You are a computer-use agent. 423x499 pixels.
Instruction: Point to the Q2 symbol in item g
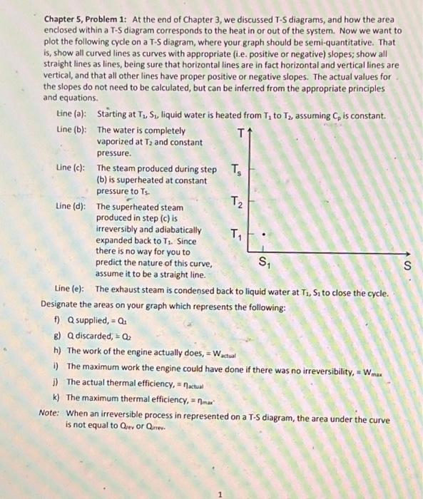click(124, 336)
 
